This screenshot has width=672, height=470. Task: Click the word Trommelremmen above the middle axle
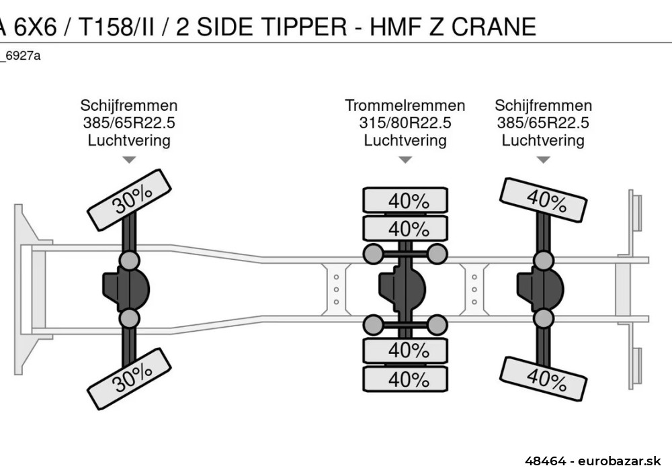click(x=405, y=105)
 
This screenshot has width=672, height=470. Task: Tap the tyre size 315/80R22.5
click(x=405, y=123)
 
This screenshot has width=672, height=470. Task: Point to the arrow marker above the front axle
click(x=129, y=160)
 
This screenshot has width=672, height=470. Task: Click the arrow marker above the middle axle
click(x=405, y=160)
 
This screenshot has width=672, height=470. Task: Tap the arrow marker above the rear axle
click(x=543, y=160)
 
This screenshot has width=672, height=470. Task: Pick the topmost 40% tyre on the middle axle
click(x=405, y=201)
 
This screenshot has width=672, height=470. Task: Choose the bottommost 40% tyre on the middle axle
click(x=405, y=379)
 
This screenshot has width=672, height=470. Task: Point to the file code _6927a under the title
click(x=20, y=56)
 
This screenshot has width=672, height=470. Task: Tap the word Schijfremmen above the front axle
click(x=129, y=105)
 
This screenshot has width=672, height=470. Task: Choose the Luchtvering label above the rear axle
click(x=543, y=140)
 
